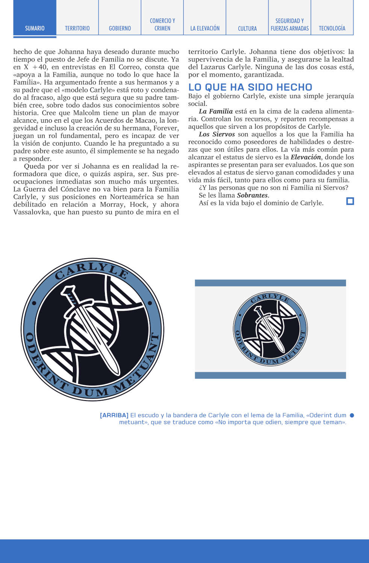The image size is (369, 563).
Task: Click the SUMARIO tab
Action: click(35, 28)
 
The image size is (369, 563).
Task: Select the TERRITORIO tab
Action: click(77, 28)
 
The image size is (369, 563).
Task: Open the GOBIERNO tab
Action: click(120, 28)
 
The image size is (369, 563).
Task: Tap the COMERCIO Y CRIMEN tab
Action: click(162, 24)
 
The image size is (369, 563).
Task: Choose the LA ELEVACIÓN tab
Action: click(205, 28)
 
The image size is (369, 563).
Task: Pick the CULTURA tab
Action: click(247, 28)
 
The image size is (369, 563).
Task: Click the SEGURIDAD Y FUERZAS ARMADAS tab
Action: click(290, 24)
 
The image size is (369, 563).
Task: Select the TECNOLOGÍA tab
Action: click(332, 28)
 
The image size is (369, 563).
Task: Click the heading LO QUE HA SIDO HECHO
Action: click(250, 87)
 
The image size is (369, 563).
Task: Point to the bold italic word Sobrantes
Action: click(252, 195)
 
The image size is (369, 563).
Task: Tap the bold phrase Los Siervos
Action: click(217, 134)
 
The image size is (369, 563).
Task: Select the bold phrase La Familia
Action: click(216, 111)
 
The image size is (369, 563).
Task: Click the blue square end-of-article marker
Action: click(350, 201)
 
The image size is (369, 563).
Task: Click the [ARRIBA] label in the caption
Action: click(114, 415)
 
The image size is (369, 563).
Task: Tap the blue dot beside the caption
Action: click(352, 415)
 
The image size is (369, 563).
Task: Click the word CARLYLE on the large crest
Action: click(92, 269)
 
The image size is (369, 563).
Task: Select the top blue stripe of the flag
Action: click(270, 283)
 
